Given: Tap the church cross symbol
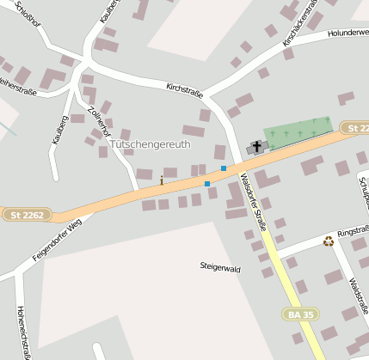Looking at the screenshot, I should pyautogui.click(x=256, y=147).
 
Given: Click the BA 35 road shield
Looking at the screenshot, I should pyautogui.click(x=300, y=315).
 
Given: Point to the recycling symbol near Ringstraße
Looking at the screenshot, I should pyautogui.click(x=328, y=241).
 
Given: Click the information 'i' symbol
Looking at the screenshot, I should pyautogui.click(x=161, y=180).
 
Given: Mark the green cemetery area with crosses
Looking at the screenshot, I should pyautogui.click(x=298, y=131).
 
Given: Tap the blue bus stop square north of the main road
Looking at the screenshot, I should pyautogui.click(x=224, y=168).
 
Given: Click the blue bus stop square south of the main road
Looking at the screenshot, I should pyautogui.click(x=207, y=184).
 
